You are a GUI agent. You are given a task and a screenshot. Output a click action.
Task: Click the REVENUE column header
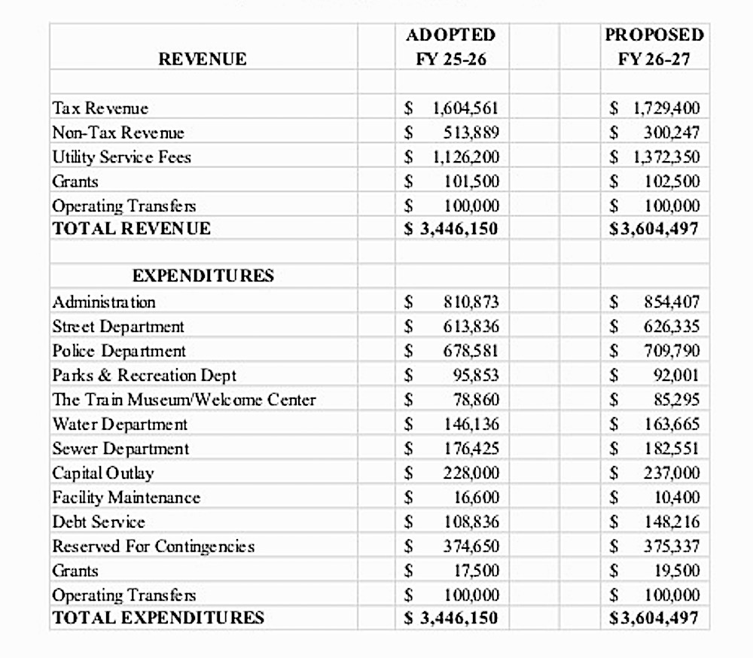pos(203,59)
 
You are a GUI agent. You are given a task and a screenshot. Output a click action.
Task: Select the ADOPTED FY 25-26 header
pos(451,47)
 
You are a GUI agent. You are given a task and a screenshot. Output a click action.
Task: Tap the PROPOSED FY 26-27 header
pos(654,47)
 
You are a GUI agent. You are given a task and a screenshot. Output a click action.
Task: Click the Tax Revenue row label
pos(100,108)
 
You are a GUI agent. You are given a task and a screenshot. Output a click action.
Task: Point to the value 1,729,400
pos(666,108)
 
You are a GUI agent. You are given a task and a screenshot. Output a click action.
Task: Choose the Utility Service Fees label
pos(121,157)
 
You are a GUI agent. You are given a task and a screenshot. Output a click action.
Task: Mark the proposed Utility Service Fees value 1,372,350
pos(666,157)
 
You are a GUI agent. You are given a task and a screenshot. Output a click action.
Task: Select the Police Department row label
pos(119,351)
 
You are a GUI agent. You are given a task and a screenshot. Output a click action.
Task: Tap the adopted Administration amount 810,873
pos(471,303)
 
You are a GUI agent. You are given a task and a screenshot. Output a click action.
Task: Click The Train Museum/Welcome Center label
pos(184,400)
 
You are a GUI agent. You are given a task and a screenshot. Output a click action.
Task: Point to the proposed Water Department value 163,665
pos(671,425)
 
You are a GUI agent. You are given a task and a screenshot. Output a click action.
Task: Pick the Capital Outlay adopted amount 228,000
pos(471,473)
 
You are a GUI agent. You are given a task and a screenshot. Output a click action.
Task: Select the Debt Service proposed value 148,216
pos(671,522)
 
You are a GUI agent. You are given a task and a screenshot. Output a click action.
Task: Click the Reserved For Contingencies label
pos(153,547)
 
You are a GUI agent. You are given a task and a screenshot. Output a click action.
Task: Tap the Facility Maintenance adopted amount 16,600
pos(476,498)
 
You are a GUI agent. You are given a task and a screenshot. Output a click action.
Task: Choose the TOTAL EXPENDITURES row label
pos(158,618)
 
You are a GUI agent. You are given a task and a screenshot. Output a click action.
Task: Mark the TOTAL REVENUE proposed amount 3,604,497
pos(656,229)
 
